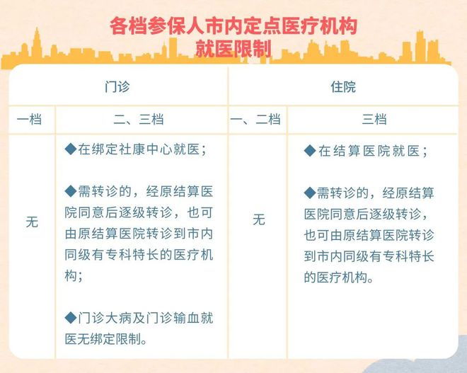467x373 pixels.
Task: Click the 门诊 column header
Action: click(x=117, y=86)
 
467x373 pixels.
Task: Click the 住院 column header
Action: click(x=343, y=86)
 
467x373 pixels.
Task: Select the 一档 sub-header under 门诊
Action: click(x=29, y=120)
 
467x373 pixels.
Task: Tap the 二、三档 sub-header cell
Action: click(x=139, y=120)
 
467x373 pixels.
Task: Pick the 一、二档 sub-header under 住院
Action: click(x=255, y=120)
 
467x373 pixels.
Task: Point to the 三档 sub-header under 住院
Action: click(x=374, y=120)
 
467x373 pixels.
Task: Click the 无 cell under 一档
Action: click(x=32, y=222)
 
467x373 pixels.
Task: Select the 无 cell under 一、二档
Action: click(x=259, y=219)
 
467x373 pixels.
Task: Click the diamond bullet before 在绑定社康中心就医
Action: click(x=71, y=149)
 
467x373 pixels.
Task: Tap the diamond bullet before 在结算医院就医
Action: click(x=310, y=151)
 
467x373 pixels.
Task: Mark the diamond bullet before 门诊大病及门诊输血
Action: click(x=71, y=318)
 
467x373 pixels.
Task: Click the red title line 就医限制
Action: click(x=233, y=49)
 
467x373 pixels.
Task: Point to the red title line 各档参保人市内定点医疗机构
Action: click(x=233, y=26)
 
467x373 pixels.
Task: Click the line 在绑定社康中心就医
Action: click(x=139, y=149)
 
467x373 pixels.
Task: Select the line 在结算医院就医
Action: click(x=373, y=151)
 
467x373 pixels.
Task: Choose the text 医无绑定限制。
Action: click(x=106, y=339)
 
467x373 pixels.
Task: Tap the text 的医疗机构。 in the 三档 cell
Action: click(x=339, y=277)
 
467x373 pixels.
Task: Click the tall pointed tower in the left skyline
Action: click(x=37, y=45)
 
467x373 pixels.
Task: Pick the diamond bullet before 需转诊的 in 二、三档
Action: click(x=71, y=191)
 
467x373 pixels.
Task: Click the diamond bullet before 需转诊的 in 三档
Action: click(x=310, y=193)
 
